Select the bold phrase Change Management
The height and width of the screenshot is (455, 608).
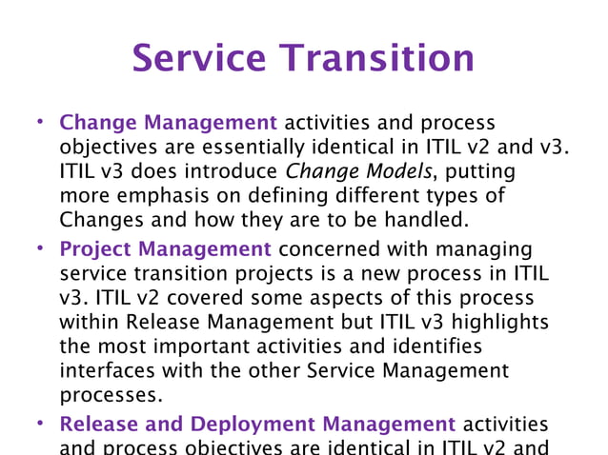[x=169, y=123]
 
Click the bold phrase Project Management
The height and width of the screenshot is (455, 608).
[x=166, y=249]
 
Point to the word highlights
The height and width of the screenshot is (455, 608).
[x=500, y=322]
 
